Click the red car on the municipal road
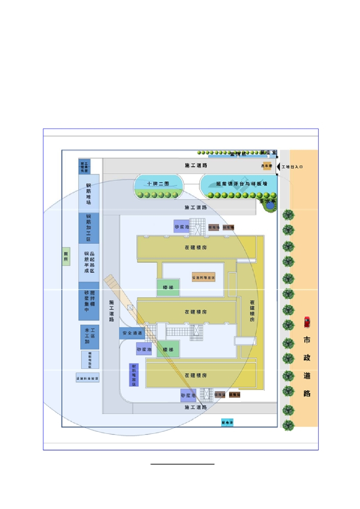307,322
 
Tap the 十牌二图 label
158,183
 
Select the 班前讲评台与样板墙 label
241,183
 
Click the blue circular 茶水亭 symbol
270,204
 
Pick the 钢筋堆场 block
89,193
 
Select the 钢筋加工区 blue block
89,228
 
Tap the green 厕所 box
66,256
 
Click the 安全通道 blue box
131,333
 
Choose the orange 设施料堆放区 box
204,277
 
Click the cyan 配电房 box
228,423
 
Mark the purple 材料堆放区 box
133,375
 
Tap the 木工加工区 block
90,337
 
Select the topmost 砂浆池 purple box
181,226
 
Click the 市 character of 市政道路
307,340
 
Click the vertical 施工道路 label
112,308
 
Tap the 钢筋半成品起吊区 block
89,262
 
